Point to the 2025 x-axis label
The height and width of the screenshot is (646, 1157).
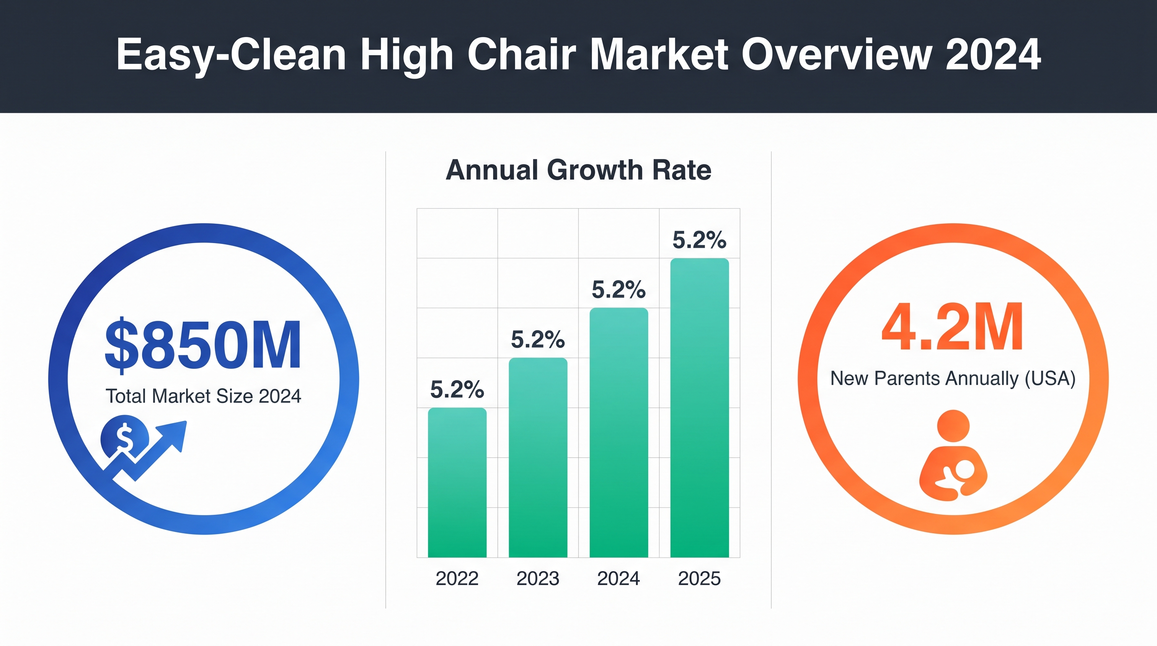699,579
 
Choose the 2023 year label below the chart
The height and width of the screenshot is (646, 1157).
538,579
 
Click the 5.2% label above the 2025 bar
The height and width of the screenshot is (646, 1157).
699,240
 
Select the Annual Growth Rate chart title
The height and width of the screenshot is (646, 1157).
578,170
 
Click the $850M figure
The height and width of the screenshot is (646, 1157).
203,345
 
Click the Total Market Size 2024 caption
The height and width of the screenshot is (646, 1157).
203,396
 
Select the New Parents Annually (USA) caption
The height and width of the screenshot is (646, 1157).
953,378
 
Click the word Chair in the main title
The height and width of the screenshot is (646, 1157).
521,54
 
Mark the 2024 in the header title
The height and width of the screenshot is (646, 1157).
993,54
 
